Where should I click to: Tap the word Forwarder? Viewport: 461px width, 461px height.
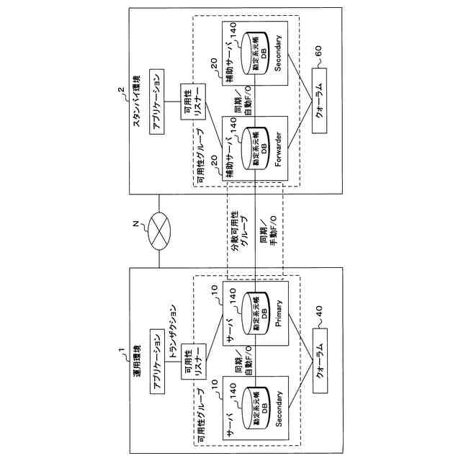[278, 153]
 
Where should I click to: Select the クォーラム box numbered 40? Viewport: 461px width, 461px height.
[318, 357]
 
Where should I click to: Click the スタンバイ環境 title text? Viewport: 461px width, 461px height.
[137, 102]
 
